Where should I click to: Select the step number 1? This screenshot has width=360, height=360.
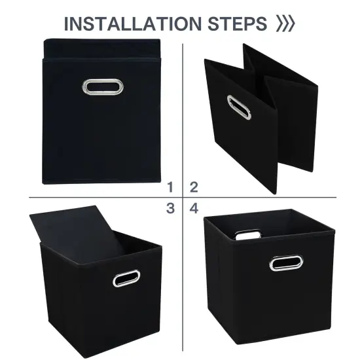point(170,188)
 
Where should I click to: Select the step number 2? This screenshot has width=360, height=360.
point(194,188)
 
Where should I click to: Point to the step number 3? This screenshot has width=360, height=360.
point(170,209)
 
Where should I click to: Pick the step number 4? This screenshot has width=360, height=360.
point(194,209)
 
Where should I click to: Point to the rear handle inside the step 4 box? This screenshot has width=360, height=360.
point(247,234)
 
